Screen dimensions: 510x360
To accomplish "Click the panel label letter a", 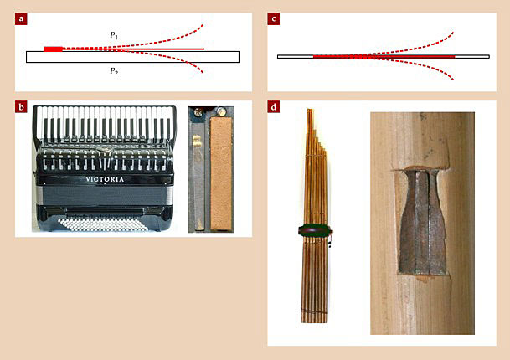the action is (21, 19).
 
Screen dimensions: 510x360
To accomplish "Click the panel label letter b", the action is (21, 106).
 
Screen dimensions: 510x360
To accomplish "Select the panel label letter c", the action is (274, 19).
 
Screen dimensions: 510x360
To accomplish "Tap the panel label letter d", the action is (274, 106).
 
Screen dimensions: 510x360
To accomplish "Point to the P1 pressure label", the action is (114, 35).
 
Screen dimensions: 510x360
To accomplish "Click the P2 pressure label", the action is (114, 71).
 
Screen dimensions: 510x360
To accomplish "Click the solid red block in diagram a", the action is (53, 49).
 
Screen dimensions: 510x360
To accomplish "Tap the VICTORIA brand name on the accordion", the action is (105, 179).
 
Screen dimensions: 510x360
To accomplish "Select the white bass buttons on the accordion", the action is (103, 224).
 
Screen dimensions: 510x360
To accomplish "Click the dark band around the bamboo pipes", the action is (315, 230).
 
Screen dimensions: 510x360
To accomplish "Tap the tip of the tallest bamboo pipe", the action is (309, 110).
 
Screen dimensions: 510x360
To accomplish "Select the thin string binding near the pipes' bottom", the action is (314, 311).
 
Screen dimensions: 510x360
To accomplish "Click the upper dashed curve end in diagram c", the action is (453, 33).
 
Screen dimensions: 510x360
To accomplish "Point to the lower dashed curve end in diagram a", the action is (203, 72).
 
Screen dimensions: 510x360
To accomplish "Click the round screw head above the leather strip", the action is (221, 111).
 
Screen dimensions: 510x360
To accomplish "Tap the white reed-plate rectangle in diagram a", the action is (132, 57).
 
